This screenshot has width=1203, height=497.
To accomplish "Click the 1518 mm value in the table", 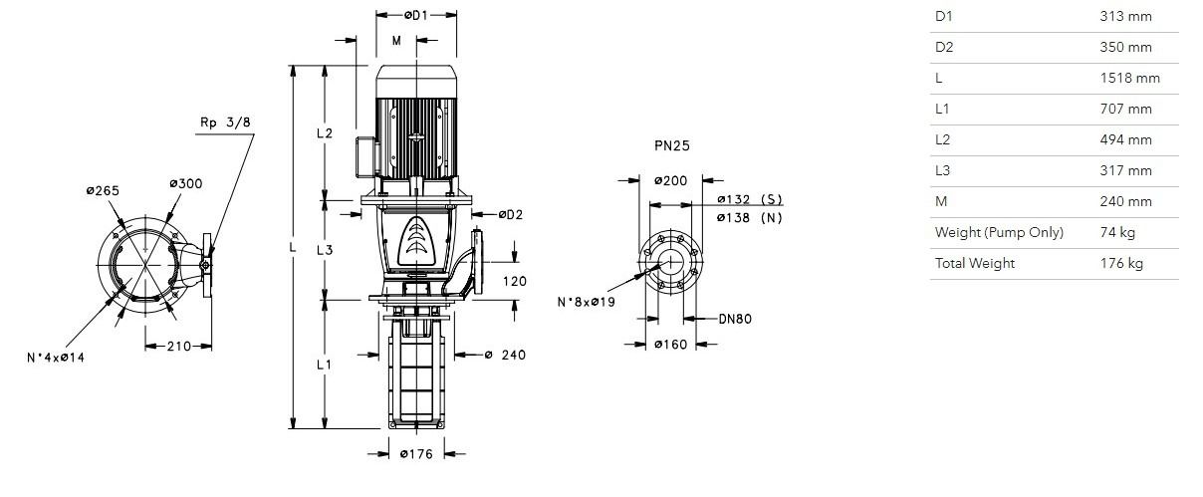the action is [1129, 79].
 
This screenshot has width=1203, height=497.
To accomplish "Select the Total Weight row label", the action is [975, 263].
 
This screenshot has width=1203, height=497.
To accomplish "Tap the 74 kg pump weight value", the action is [1117, 233].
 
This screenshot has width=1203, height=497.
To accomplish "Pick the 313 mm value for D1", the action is [1125, 17].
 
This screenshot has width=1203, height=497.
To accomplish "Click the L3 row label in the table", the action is [942, 171].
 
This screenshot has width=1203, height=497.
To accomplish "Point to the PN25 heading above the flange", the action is [672, 145].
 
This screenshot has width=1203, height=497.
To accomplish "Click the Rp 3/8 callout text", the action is [225, 123].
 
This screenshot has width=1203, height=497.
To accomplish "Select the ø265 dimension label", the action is [103, 191].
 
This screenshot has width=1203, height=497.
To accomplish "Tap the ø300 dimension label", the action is [186, 183].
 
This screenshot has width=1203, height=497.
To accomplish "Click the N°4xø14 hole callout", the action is [56, 358].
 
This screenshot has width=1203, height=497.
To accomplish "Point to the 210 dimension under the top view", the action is [179, 347].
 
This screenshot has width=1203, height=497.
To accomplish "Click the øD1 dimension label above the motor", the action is [416, 16].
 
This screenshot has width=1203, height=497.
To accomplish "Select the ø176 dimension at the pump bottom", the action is [416, 454].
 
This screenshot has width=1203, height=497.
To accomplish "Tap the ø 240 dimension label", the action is [505, 356].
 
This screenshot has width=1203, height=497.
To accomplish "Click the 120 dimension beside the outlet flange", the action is [515, 282].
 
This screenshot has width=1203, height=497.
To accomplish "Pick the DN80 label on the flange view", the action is [735, 319].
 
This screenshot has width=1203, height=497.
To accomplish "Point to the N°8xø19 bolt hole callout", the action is [587, 302].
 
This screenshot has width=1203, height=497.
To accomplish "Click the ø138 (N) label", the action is [750, 218].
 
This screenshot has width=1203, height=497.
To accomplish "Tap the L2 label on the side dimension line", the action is [325, 133].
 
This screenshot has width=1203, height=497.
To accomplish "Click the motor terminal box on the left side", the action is [366, 157].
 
